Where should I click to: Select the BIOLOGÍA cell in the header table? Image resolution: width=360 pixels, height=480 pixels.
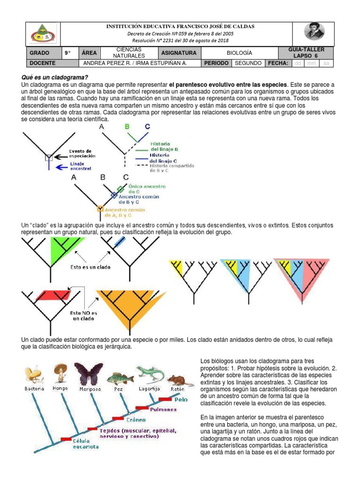(x=239, y=53)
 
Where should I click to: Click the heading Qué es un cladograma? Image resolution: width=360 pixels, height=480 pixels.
(x=55, y=77)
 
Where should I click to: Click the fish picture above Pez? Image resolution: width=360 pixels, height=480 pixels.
(x=117, y=378)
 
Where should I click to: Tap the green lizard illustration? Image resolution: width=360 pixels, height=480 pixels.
(x=150, y=374)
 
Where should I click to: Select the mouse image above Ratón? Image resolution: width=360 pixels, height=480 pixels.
(x=177, y=379)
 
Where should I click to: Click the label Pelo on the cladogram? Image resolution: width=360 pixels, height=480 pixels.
(x=181, y=400)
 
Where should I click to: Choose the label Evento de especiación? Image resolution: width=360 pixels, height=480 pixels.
(x=82, y=153)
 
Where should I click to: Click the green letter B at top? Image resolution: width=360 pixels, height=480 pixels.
(x=127, y=126)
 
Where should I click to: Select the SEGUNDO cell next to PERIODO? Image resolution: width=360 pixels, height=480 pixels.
(x=248, y=63)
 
